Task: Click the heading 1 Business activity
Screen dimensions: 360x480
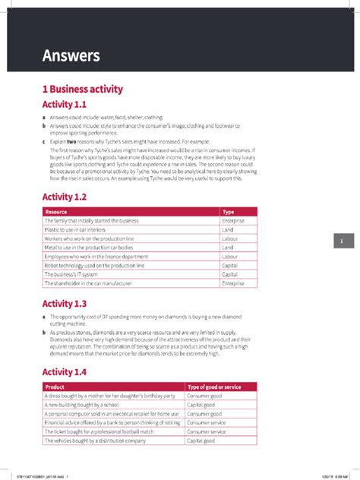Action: pyautogui.click(x=82, y=89)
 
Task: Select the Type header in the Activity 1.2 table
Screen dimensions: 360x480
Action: pyautogui.click(x=228, y=212)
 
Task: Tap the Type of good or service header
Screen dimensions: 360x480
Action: pyautogui.click(x=214, y=387)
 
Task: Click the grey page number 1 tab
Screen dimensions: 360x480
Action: pyautogui.click(x=343, y=241)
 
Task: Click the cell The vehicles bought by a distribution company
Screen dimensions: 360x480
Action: pyautogui.click(x=94, y=441)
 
